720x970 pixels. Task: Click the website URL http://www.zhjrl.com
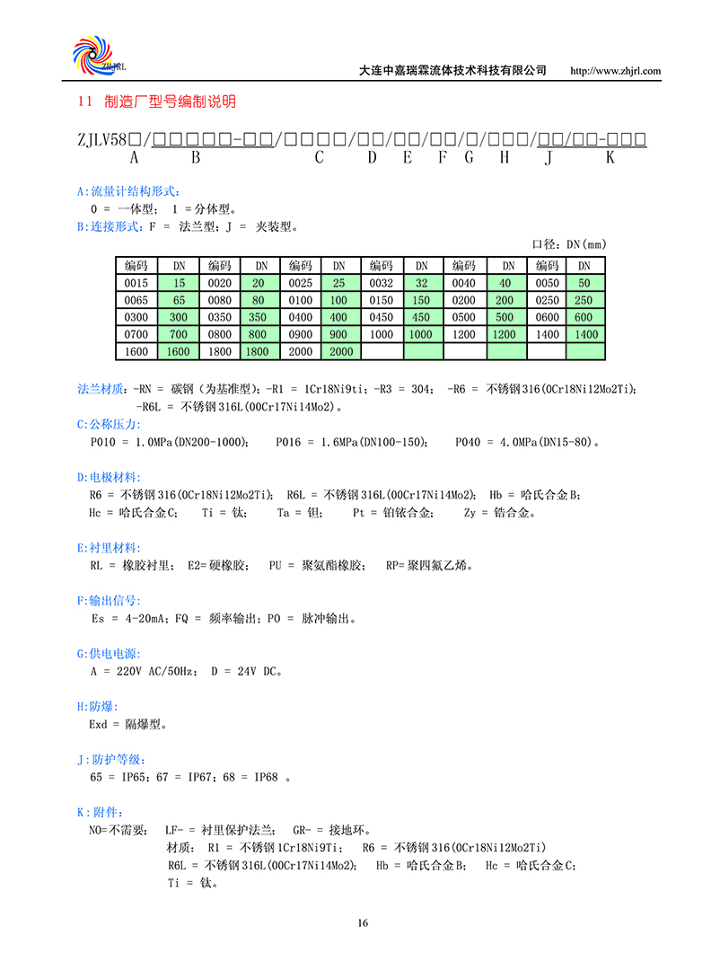point(616,71)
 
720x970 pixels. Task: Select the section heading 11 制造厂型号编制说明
point(158,102)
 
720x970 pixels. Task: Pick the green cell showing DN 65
point(180,300)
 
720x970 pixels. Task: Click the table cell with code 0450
point(382,317)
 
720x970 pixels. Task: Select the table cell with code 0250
point(547,300)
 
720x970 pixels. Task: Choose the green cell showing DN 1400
point(585,334)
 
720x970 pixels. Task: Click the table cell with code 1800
point(220,352)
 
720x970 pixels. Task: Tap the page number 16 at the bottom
point(362,922)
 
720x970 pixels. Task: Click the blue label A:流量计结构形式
point(128,191)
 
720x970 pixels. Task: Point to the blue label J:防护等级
point(109,759)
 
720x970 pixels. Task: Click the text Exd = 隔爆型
point(128,724)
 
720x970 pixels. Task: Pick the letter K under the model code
point(610,157)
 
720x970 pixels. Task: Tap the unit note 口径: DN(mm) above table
point(570,244)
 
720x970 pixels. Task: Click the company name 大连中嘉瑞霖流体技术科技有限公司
point(452,71)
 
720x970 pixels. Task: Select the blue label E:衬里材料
point(109,548)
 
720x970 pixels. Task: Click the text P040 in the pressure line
point(470,443)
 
